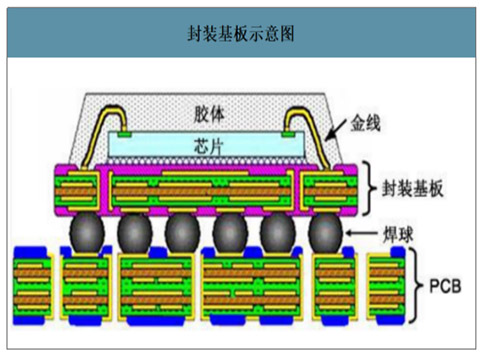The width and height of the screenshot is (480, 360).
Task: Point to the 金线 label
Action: pyautogui.click(x=366, y=124)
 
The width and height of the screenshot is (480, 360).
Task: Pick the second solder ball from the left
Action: pyautogui.click(x=133, y=234)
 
